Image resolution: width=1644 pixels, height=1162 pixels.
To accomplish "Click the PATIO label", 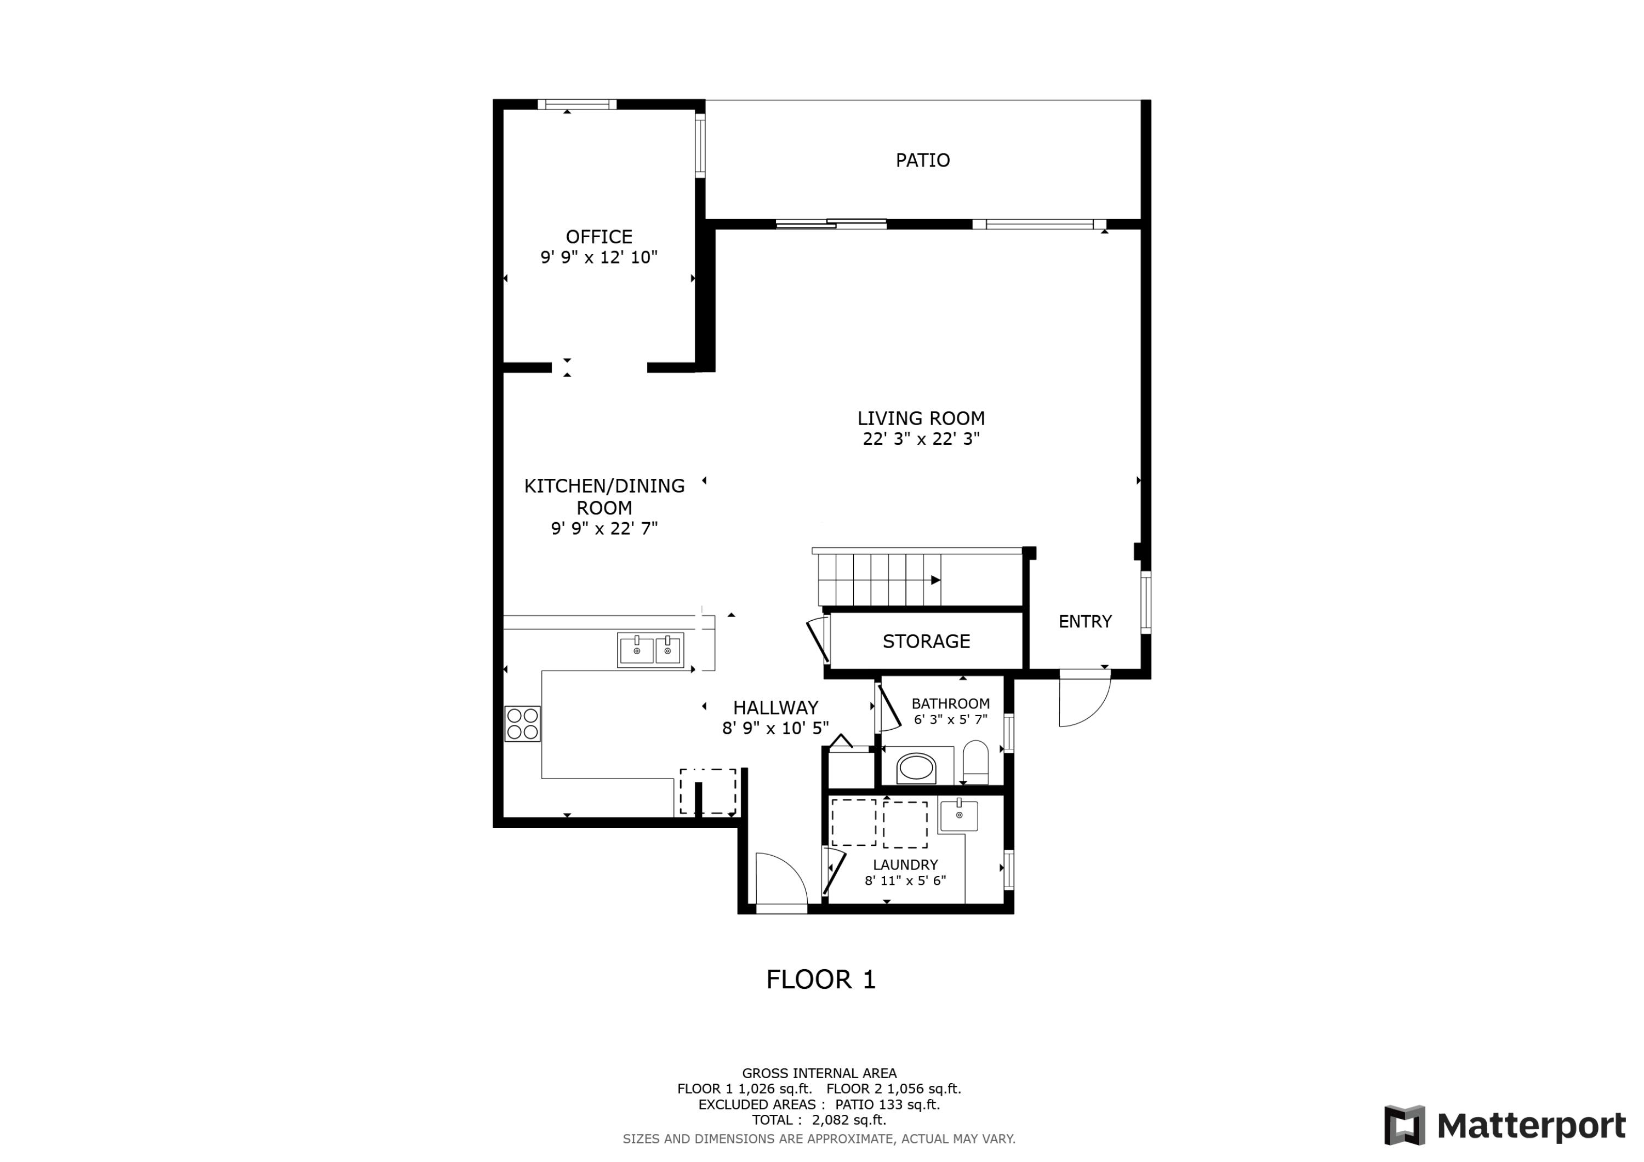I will tap(922, 161).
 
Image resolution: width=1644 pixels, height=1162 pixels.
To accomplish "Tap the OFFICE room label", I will tap(598, 237).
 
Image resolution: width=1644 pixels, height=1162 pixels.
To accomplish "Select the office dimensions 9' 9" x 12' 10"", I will tap(598, 257).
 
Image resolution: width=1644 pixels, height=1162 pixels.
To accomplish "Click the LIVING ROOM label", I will tap(921, 419).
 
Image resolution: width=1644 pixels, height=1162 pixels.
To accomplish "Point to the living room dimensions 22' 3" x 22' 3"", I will tap(921, 439).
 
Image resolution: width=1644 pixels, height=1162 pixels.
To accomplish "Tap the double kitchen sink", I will tap(650, 651).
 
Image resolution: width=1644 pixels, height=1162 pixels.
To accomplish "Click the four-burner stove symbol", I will tap(522, 724).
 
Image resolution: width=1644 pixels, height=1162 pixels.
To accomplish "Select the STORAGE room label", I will tap(926, 642).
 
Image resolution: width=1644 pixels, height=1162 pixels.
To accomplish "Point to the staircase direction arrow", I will tap(935, 581).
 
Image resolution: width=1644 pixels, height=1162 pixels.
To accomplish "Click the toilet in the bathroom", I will tap(975, 763).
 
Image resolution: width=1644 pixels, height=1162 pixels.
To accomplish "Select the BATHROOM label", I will tap(950, 704).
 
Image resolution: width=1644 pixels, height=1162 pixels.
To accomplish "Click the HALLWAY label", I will tap(775, 708).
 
